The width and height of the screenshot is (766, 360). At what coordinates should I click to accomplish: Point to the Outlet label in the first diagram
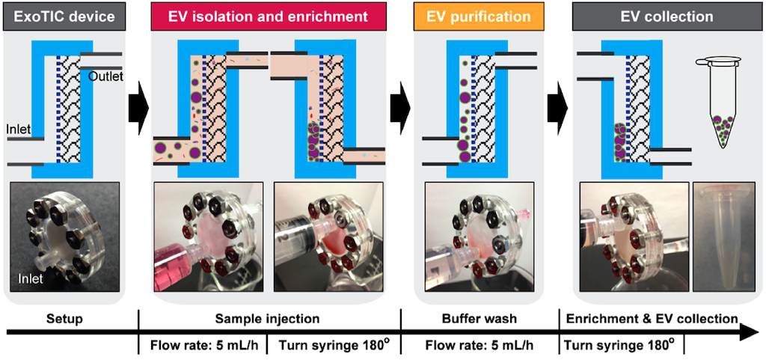click(105, 76)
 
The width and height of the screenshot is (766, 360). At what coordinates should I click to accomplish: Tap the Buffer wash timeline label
click(481, 320)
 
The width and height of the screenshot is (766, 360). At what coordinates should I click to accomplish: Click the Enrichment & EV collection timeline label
click(650, 320)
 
